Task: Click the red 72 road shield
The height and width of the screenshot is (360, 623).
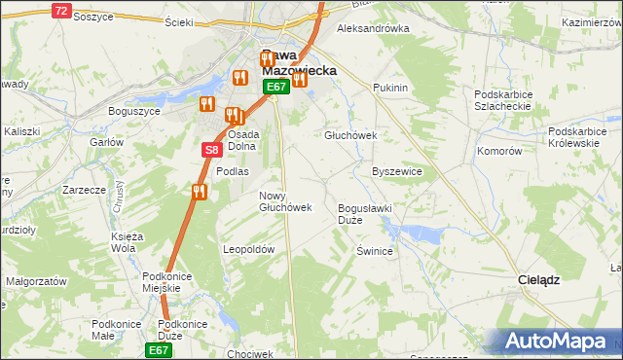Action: [x=61, y=11]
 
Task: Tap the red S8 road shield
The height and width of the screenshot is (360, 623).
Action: [x=213, y=150]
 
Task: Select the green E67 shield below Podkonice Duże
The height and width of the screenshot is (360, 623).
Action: [x=160, y=349]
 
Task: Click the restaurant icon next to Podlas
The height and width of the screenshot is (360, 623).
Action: [x=200, y=192]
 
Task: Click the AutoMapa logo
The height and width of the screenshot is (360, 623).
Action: [x=556, y=341]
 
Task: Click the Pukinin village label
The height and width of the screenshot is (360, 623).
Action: [x=390, y=88]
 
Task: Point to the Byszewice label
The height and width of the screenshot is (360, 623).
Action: [x=397, y=171]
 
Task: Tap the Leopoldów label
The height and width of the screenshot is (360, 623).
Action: [x=250, y=249]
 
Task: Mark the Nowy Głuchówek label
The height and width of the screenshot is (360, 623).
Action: [x=284, y=201]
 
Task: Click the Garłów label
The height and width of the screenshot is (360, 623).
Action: [x=106, y=142]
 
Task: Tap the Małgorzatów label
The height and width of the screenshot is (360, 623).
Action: [x=36, y=280]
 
